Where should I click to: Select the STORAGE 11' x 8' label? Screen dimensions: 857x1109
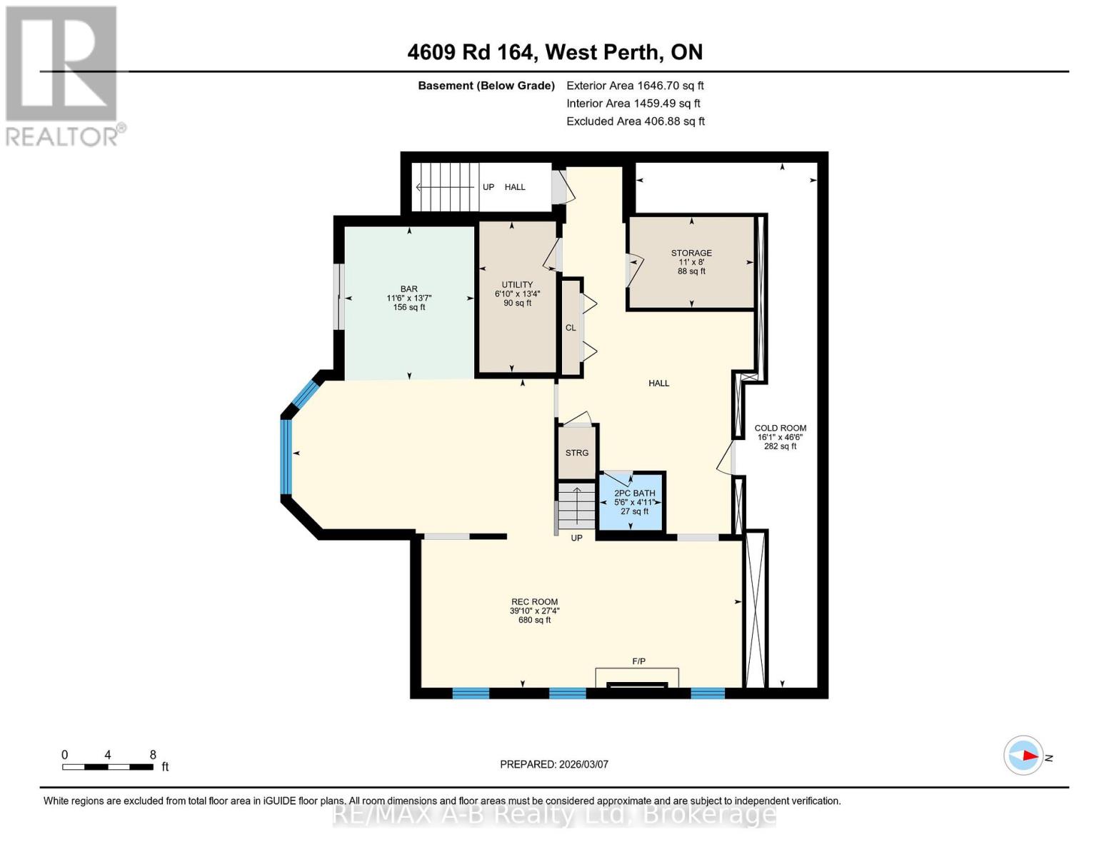[x=691, y=262]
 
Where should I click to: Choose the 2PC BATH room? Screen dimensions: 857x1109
[x=634, y=502]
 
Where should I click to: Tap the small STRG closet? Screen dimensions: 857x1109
[x=577, y=453]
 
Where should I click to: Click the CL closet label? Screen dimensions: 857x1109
[x=571, y=328]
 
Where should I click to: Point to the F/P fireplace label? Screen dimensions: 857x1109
[x=638, y=661]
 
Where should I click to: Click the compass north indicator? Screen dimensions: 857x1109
[x=1024, y=756]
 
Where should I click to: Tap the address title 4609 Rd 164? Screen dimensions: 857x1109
[x=555, y=52]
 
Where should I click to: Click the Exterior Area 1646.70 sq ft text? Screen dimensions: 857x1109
[x=635, y=85]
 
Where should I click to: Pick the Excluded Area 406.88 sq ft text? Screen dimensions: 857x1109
[x=635, y=121]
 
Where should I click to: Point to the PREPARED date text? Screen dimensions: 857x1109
[x=554, y=764]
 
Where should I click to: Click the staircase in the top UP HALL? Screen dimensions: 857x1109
[x=444, y=187]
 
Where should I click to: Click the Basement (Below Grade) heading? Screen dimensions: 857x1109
[x=486, y=85]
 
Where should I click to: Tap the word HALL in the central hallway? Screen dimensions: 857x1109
[x=658, y=384]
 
